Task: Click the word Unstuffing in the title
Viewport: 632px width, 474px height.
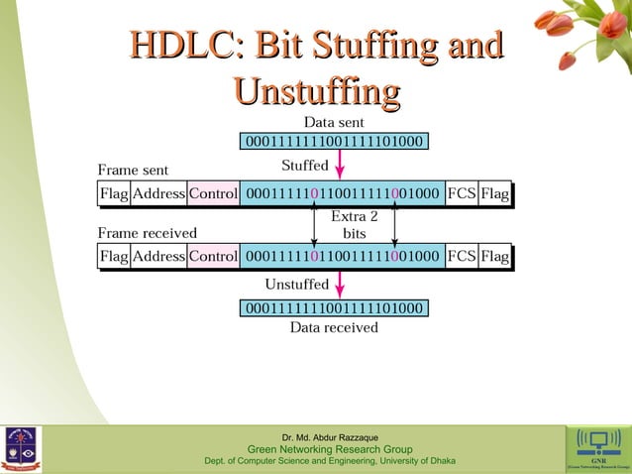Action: [316, 92]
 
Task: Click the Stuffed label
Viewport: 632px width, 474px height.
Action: [305, 164]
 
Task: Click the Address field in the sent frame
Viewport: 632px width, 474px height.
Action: [158, 194]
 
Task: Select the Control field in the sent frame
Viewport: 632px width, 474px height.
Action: [213, 194]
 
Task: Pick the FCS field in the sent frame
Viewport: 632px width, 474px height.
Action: [461, 194]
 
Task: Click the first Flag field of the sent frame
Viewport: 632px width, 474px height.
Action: [114, 194]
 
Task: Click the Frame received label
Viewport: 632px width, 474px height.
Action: [147, 233]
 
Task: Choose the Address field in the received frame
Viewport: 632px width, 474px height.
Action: [158, 257]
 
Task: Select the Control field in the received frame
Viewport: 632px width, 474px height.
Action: [213, 257]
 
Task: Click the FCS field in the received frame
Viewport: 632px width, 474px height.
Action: [461, 257]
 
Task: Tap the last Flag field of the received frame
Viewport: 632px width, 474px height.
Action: [494, 257]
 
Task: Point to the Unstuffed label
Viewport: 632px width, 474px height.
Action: [296, 285]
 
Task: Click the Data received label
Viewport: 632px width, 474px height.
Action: [334, 326]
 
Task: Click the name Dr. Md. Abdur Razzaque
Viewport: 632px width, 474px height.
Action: [329, 437]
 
